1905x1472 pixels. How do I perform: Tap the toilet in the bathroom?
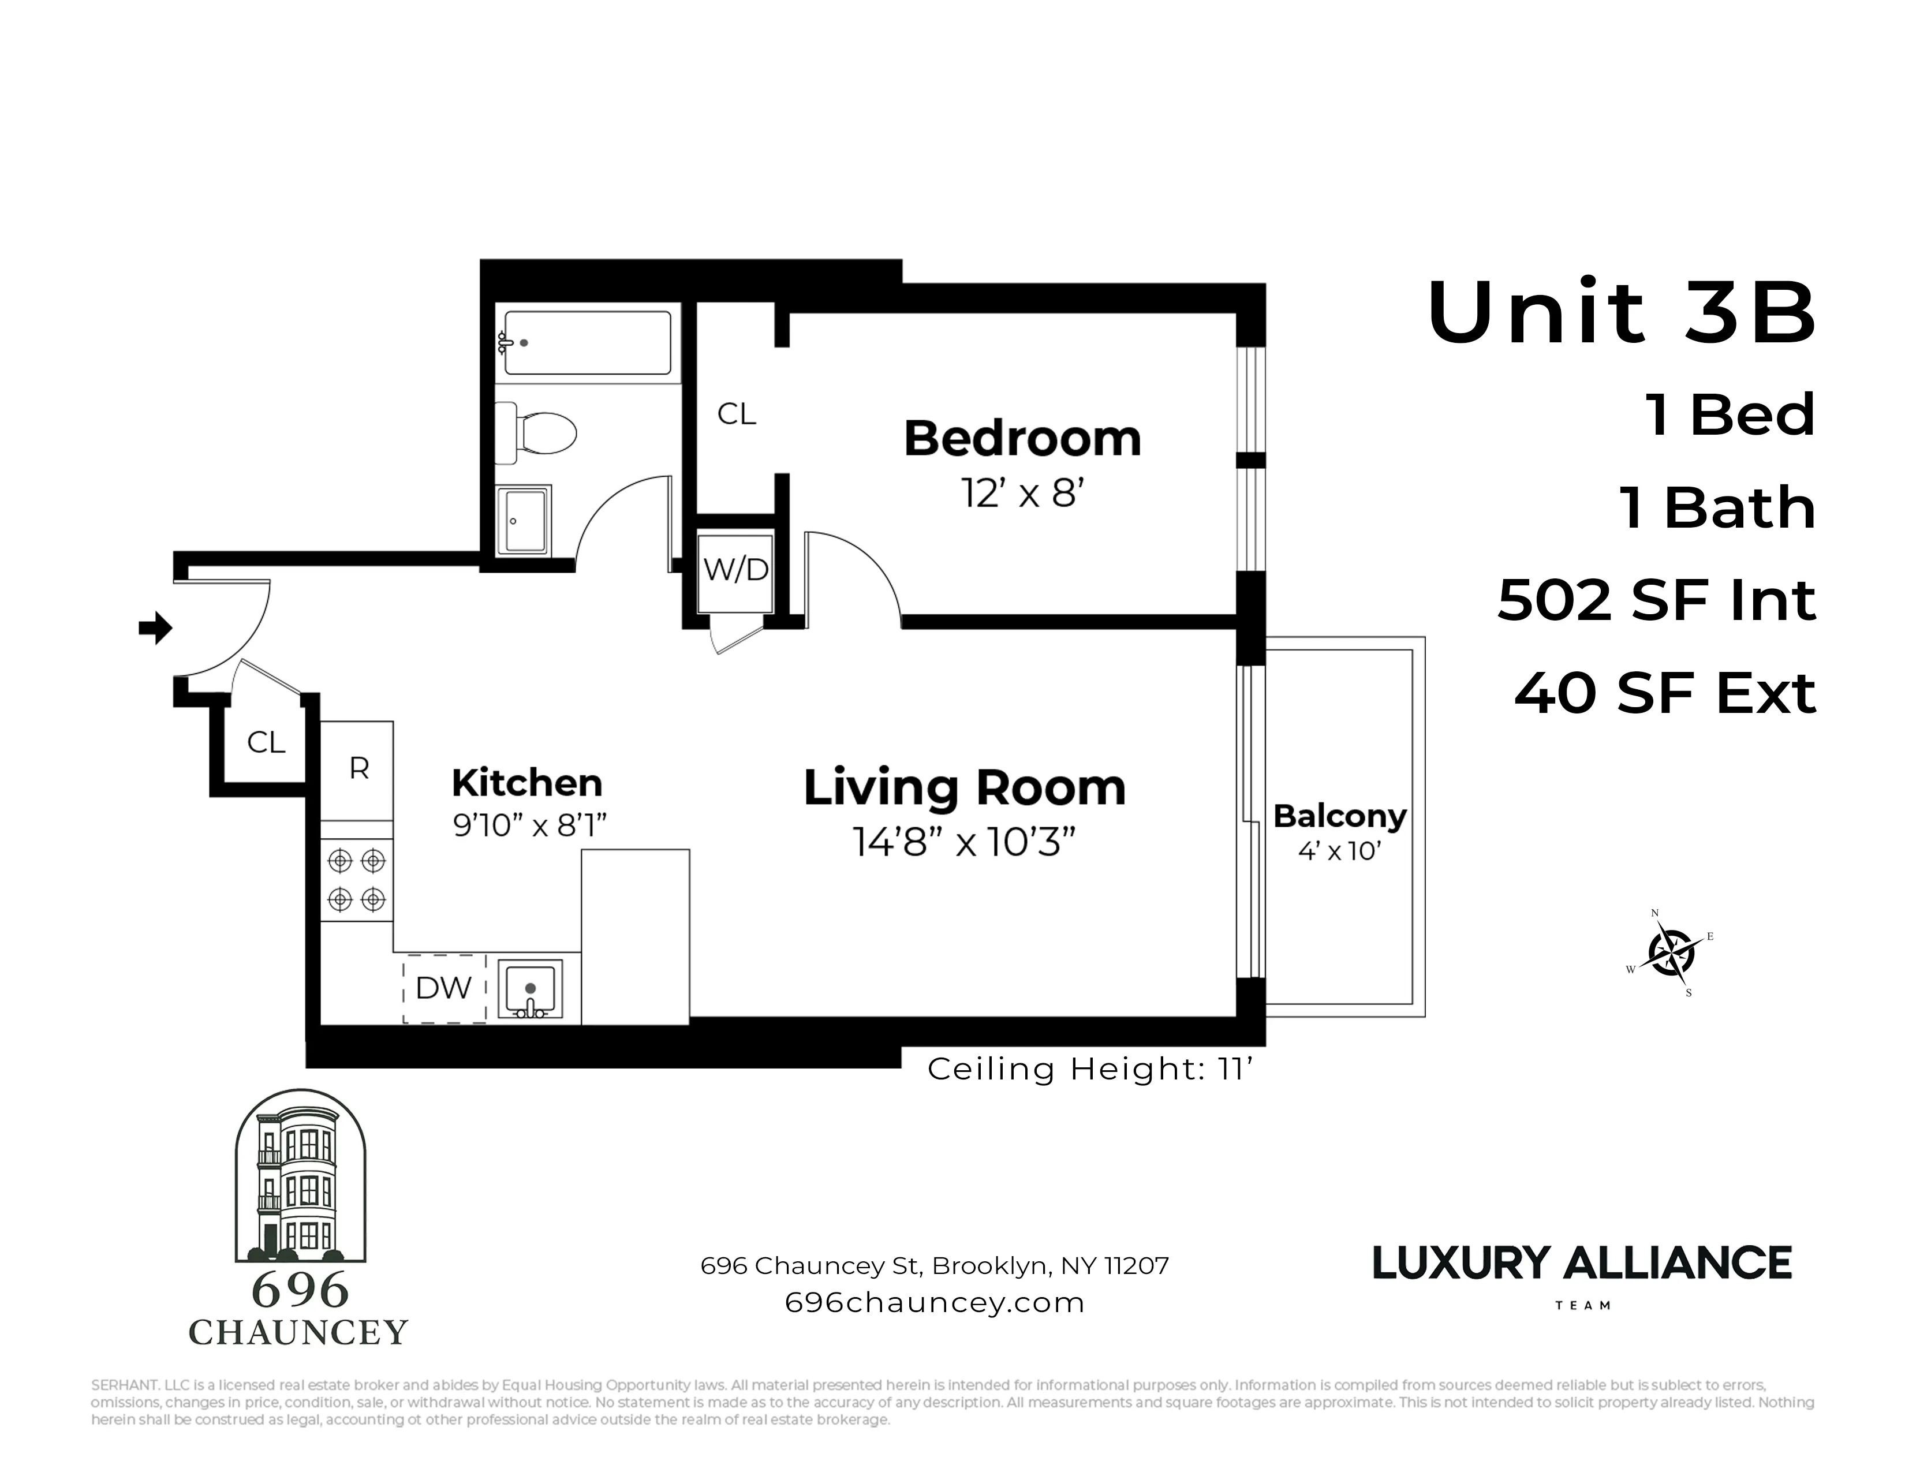pos(537,432)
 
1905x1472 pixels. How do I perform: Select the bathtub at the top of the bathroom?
pos(587,343)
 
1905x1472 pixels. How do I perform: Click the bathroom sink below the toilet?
pos(524,521)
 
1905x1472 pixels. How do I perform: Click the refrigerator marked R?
pos(358,769)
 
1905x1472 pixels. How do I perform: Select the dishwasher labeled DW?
pos(444,988)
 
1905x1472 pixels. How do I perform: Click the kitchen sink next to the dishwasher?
pos(529,988)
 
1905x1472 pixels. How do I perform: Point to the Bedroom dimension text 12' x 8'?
pos(1022,494)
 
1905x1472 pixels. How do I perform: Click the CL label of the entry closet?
pos(266,742)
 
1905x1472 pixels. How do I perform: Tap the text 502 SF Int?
pos(1656,601)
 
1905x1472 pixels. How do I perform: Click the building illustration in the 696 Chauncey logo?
pos(300,1177)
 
